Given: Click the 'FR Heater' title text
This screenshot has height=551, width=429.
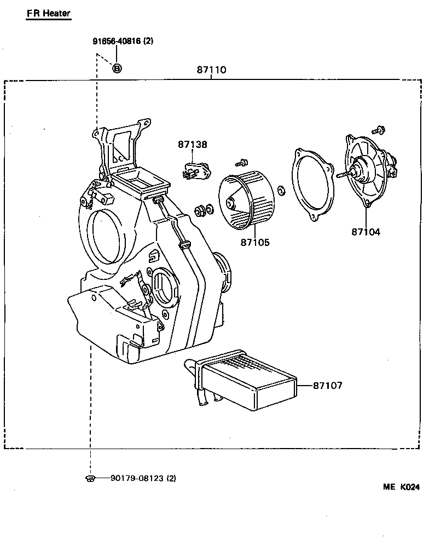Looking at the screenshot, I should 48,13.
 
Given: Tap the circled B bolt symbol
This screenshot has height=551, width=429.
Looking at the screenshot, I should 117,68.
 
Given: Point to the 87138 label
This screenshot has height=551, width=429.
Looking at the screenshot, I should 192,145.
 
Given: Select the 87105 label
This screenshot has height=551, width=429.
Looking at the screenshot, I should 254,242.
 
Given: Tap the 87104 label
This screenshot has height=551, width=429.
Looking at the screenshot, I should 366,232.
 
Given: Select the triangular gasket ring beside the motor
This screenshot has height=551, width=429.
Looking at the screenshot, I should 312,183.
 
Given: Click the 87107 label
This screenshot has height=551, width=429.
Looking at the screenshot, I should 327,386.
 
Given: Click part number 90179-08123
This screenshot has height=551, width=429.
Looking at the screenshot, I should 143,478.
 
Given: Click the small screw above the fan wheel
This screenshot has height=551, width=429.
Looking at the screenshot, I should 240,162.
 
